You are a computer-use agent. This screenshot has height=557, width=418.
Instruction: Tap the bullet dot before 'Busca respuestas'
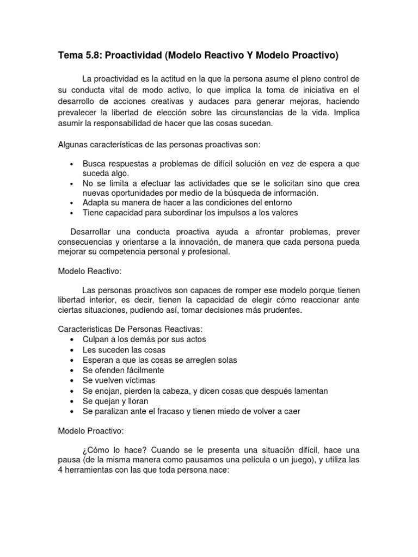72,164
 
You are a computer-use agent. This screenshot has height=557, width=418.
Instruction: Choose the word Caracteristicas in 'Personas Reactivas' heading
84,330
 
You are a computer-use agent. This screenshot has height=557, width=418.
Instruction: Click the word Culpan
95,339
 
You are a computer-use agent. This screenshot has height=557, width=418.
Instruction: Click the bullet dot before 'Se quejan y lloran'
72,401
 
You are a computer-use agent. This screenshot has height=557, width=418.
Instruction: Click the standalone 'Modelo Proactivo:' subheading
91,431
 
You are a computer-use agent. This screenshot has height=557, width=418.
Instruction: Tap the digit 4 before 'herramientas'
60,472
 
